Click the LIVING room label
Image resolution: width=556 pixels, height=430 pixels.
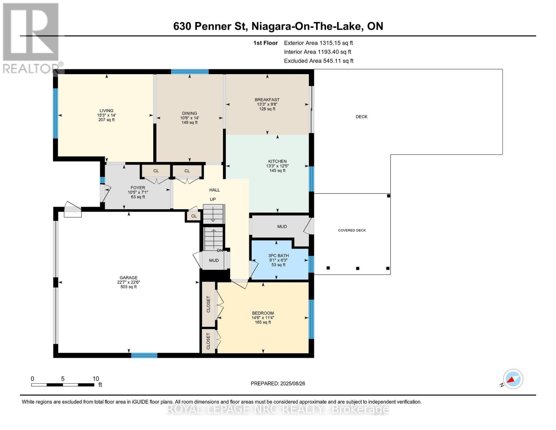(x=106, y=111)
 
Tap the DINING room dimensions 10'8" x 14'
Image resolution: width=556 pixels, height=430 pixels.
(x=189, y=118)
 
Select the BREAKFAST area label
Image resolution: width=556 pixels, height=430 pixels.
(x=267, y=100)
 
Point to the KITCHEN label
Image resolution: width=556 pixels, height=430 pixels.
(x=277, y=161)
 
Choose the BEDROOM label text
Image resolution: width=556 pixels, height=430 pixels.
(x=263, y=313)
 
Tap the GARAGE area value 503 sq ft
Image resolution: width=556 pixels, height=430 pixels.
(x=129, y=287)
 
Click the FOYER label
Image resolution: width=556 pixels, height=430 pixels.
(x=137, y=188)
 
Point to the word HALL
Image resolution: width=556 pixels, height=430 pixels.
(x=214, y=190)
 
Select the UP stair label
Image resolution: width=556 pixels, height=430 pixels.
(x=213, y=199)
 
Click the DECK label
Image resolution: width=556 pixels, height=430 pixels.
(x=362, y=117)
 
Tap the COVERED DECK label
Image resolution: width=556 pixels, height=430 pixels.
(x=352, y=230)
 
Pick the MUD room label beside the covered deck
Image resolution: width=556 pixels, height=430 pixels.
(x=282, y=226)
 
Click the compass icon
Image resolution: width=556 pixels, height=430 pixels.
(x=513, y=379)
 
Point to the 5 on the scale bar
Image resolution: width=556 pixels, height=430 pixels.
(x=63, y=379)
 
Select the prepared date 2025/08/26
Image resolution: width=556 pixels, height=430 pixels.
(x=293, y=383)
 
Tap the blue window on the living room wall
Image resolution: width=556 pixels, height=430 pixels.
(x=55, y=113)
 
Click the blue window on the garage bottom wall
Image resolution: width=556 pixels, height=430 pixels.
(x=144, y=355)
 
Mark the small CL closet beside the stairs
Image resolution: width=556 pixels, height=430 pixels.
(x=194, y=216)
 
